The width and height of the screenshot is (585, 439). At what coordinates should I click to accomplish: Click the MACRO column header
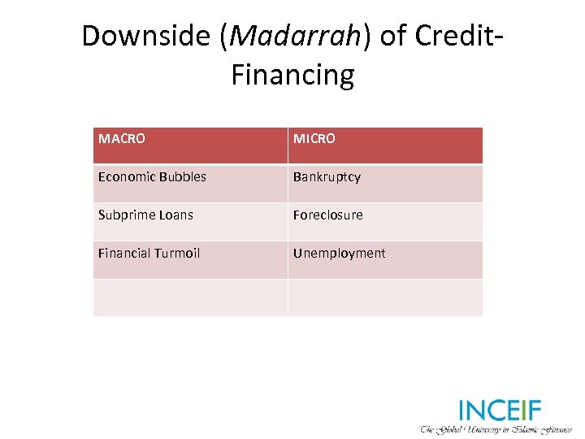click(x=122, y=139)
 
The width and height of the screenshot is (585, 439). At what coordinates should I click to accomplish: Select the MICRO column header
click(x=314, y=139)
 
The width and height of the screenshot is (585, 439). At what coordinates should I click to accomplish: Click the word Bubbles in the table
click(x=181, y=177)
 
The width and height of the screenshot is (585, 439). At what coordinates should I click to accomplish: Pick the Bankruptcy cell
click(x=327, y=177)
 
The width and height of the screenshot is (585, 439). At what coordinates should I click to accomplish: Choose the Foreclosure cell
click(x=328, y=215)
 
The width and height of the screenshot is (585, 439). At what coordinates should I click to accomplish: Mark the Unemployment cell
click(x=339, y=254)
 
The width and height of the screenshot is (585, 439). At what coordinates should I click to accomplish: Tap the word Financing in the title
click(x=292, y=76)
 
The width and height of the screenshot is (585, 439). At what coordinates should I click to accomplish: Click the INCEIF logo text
click(x=500, y=411)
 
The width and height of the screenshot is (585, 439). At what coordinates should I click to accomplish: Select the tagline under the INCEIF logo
click(x=496, y=428)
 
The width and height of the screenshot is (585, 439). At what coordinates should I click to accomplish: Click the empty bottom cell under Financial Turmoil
click(x=190, y=298)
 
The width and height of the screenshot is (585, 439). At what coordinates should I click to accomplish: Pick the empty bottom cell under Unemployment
click(x=385, y=298)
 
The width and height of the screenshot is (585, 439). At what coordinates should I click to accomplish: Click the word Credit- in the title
click(x=462, y=37)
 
